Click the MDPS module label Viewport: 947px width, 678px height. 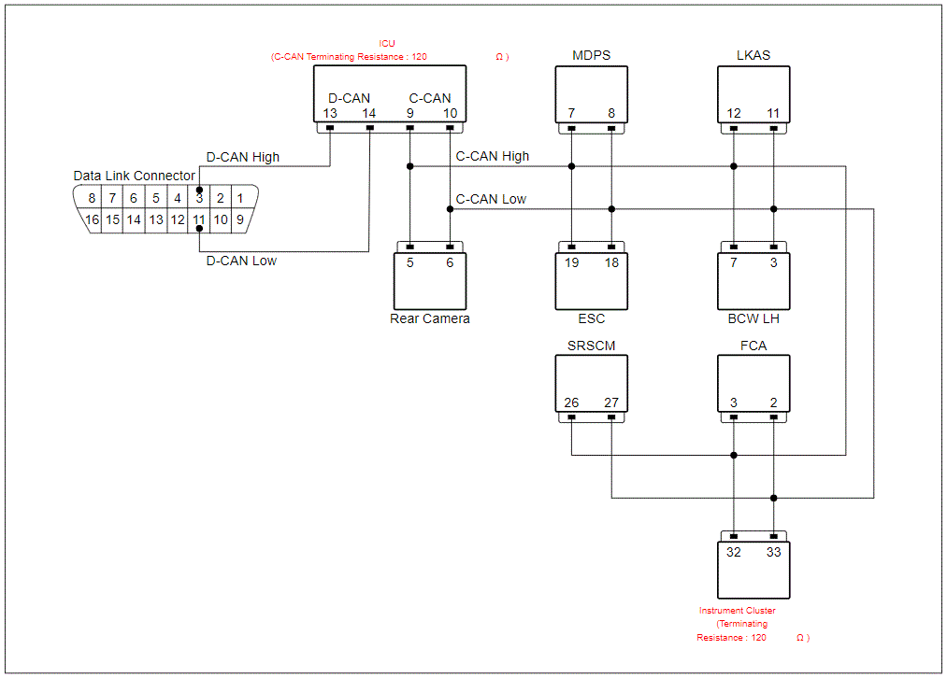pos(591,55)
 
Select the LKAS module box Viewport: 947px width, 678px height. pos(753,94)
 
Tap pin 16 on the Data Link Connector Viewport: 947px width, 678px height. pos(92,219)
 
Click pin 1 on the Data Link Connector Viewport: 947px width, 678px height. pos(239,198)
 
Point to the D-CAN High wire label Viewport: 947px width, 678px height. pos(243,157)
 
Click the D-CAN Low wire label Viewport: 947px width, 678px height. pos(241,261)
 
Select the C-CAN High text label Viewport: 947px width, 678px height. pos(493,156)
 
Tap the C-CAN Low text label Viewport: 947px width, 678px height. pos(491,199)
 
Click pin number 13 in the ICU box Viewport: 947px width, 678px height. pos(330,113)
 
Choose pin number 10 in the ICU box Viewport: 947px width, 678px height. pos(450,113)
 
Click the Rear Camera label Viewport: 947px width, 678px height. pos(429,318)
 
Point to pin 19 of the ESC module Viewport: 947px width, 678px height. pos(571,262)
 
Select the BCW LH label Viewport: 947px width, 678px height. pos(753,318)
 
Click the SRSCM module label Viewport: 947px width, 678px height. pos(591,346)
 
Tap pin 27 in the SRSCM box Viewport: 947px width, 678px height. pos(611,403)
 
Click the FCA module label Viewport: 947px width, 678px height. pos(753,346)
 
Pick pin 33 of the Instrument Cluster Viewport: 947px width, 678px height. pos(774,552)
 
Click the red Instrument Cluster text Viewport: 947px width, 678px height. pos(738,611)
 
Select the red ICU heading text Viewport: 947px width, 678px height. pos(387,44)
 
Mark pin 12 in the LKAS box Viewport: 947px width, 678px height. pos(734,113)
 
